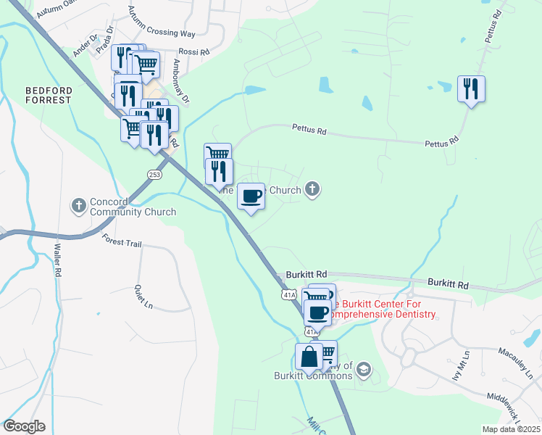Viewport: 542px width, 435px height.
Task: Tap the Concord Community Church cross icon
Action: click(x=79, y=205)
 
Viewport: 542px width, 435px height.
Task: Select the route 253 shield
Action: click(x=154, y=175)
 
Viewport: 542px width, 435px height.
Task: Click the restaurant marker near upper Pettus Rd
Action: click(x=471, y=89)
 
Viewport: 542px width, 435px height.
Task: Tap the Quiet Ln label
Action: click(x=143, y=297)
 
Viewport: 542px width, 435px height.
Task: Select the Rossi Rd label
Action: click(x=194, y=52)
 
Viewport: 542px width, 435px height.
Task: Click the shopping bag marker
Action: click(x=309, y=357)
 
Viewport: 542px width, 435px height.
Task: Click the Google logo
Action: click(x=24, y=426)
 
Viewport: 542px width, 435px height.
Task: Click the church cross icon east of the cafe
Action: click(x=312, y=190)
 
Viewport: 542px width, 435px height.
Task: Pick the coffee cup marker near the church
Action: click(x=251, y=196)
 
